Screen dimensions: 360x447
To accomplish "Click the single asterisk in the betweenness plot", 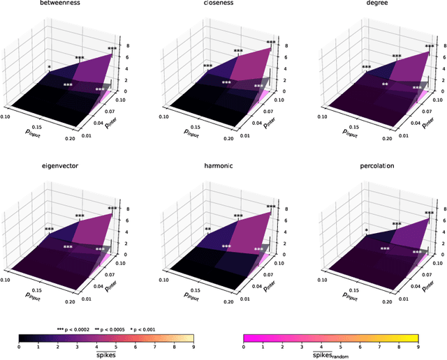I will coord(49,68).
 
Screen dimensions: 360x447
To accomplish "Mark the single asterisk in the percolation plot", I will coord(366,230).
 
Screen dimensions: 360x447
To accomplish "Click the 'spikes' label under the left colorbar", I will coord(106,354).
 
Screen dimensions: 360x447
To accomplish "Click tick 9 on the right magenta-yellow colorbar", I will coord(417,347).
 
